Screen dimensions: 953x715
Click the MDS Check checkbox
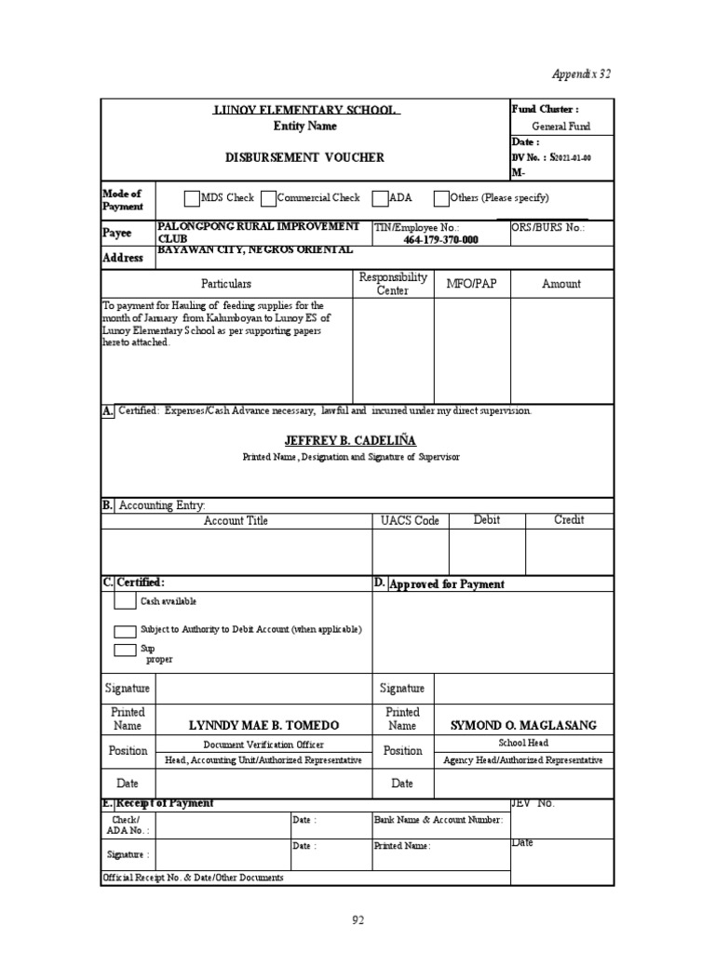[192, 198]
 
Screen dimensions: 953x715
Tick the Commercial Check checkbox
[268, 198]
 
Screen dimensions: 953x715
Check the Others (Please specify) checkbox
[441, 198]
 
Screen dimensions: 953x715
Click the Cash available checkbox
[125, 600]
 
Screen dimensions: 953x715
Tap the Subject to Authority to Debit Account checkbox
[125, 630]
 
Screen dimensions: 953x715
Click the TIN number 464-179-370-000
[440, 239]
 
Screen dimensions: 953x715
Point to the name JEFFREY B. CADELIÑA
[351, 440]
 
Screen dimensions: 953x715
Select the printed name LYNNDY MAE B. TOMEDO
[264, 725]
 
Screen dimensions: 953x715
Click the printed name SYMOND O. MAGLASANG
[523, 725]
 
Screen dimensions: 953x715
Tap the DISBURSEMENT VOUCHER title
[304, 157]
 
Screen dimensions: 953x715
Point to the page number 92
[357, 920]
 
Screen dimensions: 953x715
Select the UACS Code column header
[410, 520]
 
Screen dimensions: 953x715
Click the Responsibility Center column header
[393, 284]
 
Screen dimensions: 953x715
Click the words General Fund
[560, 127]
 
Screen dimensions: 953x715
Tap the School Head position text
[523, 743]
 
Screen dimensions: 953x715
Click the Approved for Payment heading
[446, 584]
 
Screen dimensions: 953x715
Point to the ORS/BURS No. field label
[548, 227]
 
